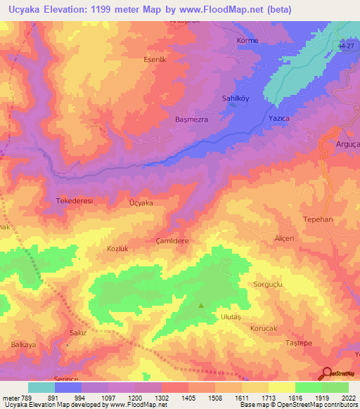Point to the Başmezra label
tap(191, 119)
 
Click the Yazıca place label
tap(279, 119)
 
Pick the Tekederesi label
tap(74, 200)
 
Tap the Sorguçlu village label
tap(267, 284)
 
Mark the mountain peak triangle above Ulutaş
tap(202, 305)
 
